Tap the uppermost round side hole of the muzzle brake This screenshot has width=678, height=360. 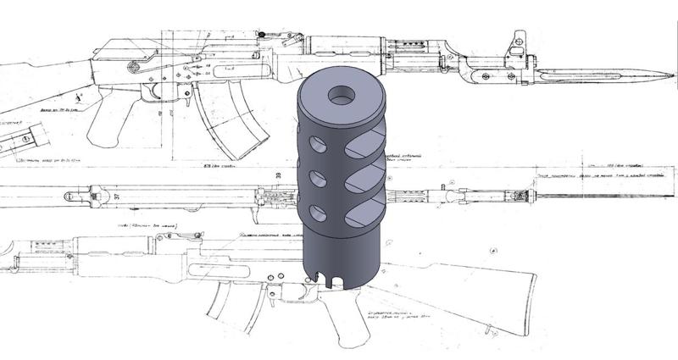[315, 145]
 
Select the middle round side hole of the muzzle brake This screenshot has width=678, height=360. [315, 179]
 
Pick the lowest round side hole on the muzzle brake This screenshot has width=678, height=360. [315, 212]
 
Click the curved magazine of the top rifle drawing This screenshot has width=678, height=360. [223, 119]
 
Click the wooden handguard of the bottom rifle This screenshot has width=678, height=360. [127, 250]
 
